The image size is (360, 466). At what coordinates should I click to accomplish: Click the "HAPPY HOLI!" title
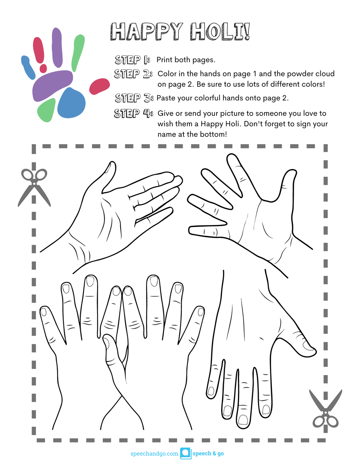click(x=180, y=32)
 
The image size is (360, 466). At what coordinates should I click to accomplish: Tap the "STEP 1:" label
click(x=132, y=60)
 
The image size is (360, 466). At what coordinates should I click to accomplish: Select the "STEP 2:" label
click(x=133, y=74)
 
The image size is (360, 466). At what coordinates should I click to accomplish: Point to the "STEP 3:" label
click(x=134, y=98)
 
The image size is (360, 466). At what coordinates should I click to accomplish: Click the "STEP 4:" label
click(x=133, y=113)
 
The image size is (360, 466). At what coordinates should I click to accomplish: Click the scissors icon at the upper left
click(x=34, y=188)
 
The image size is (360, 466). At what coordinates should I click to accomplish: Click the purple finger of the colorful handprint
click(x=57, y=47)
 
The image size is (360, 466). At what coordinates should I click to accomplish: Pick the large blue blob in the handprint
click(x=71, y=103)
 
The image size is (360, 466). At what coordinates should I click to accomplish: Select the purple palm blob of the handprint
click(x=52, y=85)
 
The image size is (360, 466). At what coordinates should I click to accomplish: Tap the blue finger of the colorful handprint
click(x=28, y=67)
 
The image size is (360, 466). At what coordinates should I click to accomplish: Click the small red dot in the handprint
click(x=43, y=69)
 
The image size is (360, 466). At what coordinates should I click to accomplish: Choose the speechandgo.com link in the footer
click(x=154, y=454)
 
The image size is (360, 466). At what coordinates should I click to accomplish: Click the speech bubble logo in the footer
click(x=186, y=454)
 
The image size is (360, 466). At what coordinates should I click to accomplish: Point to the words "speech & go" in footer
click(x=208, y=454)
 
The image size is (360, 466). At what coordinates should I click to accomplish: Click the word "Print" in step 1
click(x=164, y=60)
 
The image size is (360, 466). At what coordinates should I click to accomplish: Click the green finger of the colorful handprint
click(x=78, y=53)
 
